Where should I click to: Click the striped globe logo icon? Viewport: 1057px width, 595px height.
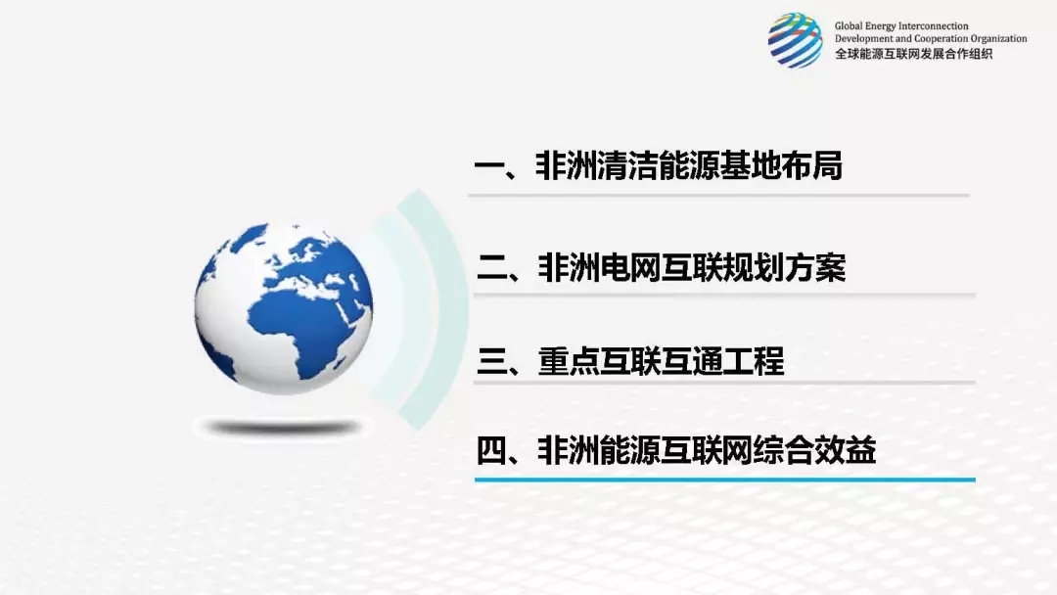796,40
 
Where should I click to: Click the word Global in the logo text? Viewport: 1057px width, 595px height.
849,26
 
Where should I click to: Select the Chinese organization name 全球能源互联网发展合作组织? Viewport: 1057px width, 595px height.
913,54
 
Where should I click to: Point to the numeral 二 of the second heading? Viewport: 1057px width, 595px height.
491,267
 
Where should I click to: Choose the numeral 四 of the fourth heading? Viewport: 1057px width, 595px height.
491,449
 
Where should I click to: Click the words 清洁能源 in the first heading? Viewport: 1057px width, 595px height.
658,165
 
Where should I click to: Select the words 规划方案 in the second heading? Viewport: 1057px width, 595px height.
785,267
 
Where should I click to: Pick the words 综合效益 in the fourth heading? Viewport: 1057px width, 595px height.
815,449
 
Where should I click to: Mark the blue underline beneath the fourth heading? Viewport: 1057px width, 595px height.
725,480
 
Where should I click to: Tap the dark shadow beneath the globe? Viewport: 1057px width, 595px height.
283,428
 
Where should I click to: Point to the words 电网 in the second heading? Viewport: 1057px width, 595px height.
631,267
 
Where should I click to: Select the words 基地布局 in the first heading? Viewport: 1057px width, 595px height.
781,165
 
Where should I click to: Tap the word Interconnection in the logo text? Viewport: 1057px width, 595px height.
935,26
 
